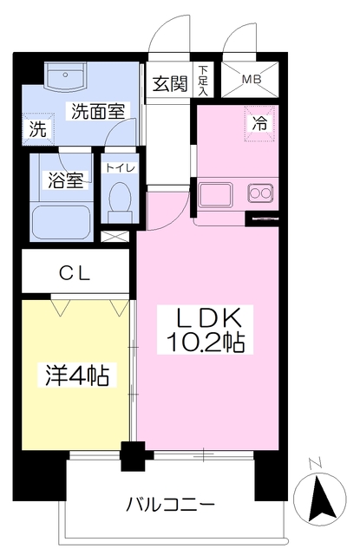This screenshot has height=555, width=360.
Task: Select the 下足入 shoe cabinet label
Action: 203,79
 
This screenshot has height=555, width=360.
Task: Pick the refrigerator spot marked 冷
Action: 260,124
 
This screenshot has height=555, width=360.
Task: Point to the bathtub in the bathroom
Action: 62,222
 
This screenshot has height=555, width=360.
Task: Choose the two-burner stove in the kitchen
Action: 259,192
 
